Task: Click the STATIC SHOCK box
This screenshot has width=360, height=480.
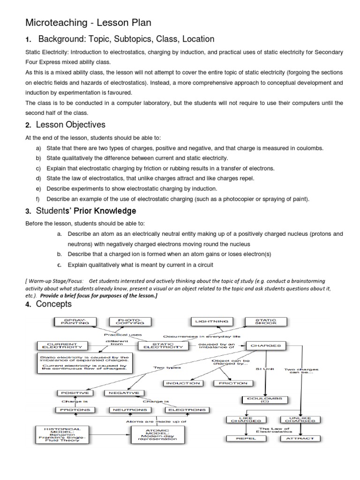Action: tap(265, 322)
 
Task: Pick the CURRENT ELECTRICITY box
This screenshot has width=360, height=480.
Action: tap(62, 346)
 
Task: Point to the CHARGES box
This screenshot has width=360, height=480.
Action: tap(265, 345)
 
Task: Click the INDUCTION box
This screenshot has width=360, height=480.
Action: tap(183, 383)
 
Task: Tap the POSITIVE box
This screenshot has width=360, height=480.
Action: tap(75, 392)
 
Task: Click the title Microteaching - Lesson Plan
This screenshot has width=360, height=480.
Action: tap(88, 23)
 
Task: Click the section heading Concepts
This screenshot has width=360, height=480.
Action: tap(55, 304)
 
